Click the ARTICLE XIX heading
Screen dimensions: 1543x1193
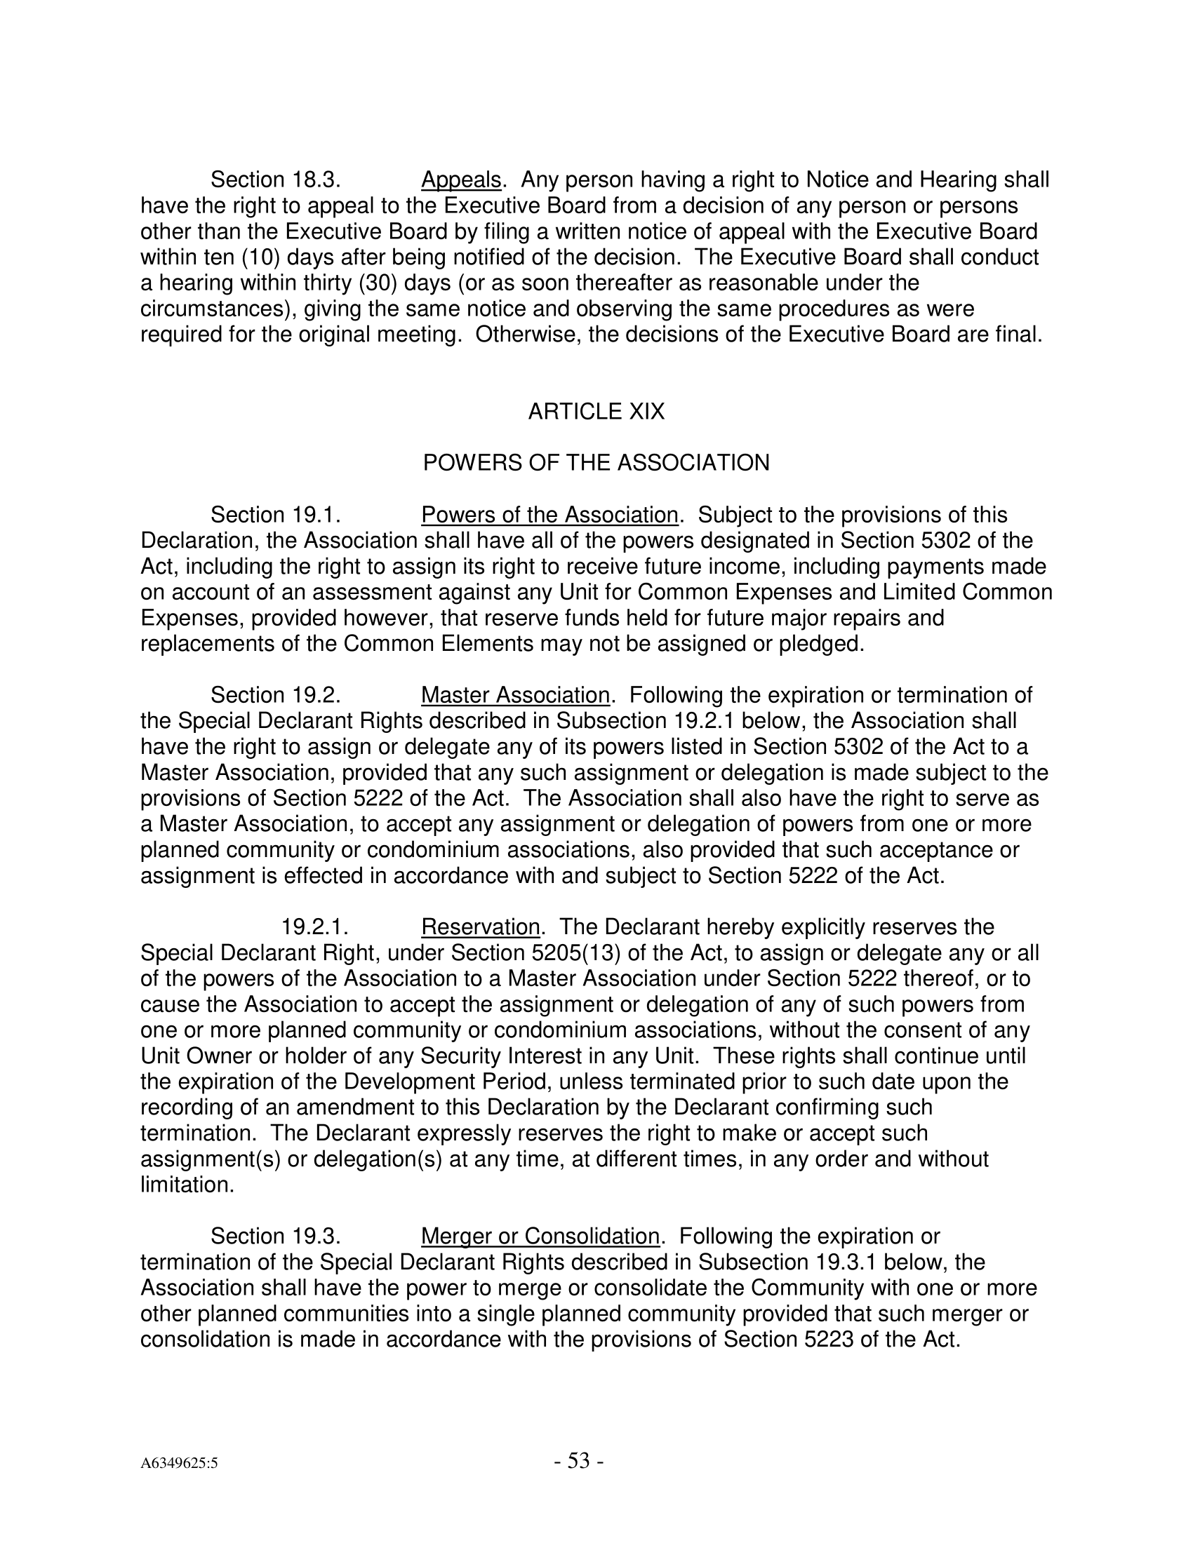click(x=596, y=412)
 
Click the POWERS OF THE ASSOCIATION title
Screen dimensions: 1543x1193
click(x=596, y=464)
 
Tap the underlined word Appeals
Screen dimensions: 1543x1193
click(x=461, y=181)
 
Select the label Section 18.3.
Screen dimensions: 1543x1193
click(x=276, y=181)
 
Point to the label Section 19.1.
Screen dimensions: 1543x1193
click(x=276, y=515)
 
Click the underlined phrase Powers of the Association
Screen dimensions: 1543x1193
click(x=549, y=515)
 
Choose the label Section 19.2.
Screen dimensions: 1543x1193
click(x=276, y=696)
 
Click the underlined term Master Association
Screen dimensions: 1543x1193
click(x=515, y=696)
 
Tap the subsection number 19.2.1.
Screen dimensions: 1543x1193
click(x=315, y=927)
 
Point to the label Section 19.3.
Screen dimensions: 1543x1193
click(x=276, y=1237)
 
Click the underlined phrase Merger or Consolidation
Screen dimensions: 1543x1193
click(x=540, y=1237)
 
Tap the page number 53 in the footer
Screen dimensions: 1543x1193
click(x=578, y=1461)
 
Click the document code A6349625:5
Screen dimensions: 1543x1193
click(x=179, y=1464)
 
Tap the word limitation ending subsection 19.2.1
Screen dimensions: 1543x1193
click(x=187, y=1185)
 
